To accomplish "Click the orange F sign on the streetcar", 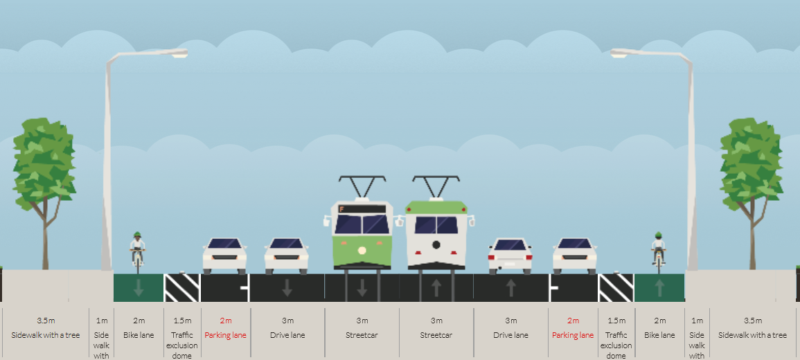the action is click(342, 209).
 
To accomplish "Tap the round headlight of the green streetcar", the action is click(362, 251).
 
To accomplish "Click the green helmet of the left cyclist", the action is click(136, 235).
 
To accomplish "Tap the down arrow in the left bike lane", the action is click(139, 288).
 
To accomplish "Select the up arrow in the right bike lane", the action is click(659, 288).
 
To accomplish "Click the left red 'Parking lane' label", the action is click(226, 335).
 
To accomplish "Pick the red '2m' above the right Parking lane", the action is click(573, 321).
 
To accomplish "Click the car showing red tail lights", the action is click(510, 255).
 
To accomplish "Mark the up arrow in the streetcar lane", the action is click(436, 288).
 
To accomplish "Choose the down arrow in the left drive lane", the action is click(287, 288).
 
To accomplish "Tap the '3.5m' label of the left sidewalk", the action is click(46, 321).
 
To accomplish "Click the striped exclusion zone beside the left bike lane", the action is click(182, 288).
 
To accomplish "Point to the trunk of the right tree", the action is click(752, 240).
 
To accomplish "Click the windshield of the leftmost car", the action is click(224, 244).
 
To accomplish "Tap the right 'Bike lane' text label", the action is click(659, 335).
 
